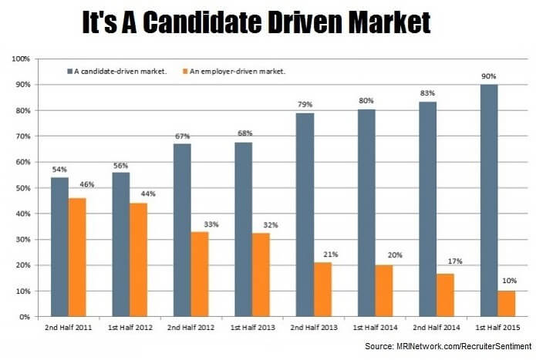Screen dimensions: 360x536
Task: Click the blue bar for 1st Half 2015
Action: click(489, 200)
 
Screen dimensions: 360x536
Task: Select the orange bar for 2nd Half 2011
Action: click(77, 257)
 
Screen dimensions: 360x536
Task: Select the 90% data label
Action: click(489, 76)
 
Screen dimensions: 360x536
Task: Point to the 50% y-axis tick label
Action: click(21, 188)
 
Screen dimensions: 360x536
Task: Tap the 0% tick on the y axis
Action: click(23, 317)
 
